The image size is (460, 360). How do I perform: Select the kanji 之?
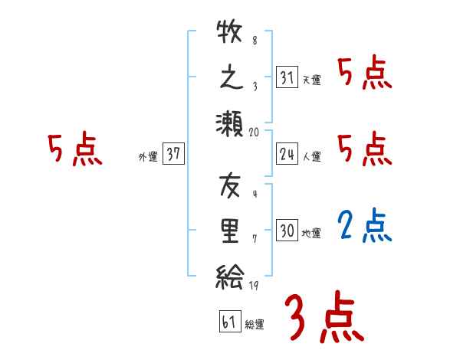pos(229,77)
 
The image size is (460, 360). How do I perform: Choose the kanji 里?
pos(229,230)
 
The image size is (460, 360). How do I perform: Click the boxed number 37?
pos(173,155)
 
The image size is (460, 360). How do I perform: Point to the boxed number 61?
pos(228,322)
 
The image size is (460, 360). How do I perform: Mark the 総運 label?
pos(255,324)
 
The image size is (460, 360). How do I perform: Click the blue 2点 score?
pos(365,225)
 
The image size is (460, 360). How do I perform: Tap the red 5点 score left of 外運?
pos(74,149)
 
